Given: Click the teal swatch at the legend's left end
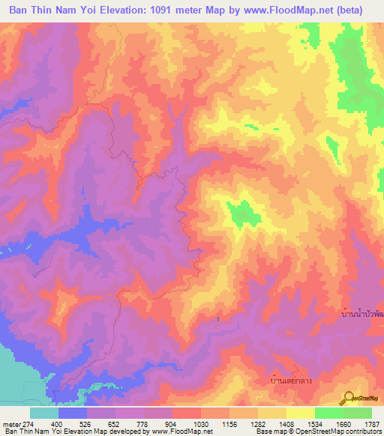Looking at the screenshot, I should (x=43, y=413).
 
